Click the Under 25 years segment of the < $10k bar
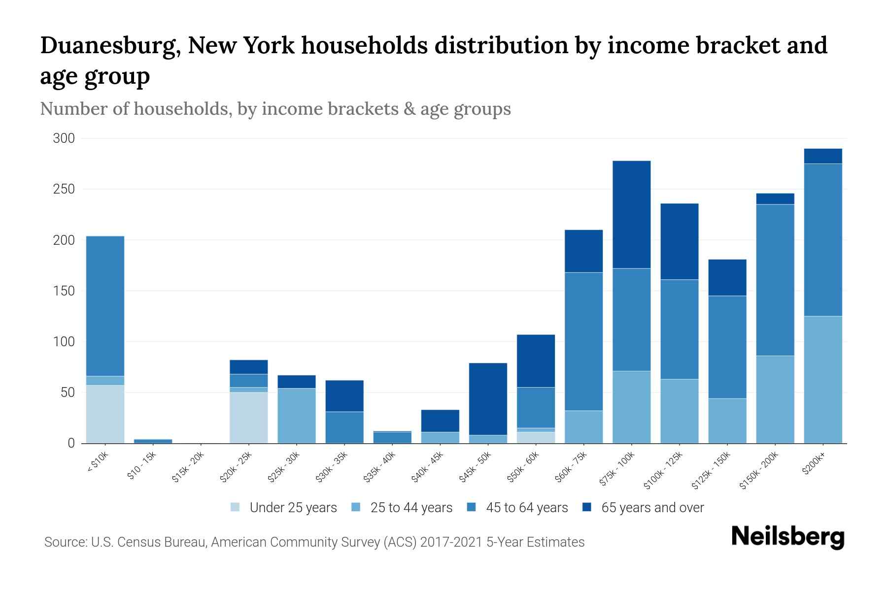coord(105,414)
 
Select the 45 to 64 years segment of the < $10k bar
coord(105,306)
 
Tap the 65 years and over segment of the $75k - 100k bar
coord(631,214)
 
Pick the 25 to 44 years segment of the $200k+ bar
coord(822,379)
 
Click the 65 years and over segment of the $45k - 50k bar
coord(488,399)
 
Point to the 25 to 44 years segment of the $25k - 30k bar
coord(296,416)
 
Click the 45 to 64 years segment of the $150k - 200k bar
coord(775,280)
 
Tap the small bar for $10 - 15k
coord(153,441)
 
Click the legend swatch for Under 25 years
coord(235,507)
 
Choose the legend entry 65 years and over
coord(652,508)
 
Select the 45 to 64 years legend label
coord(527,508)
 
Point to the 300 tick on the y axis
coord(64,138)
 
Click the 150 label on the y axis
coord(64,291)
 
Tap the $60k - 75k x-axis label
coord(571,467)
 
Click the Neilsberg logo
coord(787,537)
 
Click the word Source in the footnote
coord(65,542)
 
